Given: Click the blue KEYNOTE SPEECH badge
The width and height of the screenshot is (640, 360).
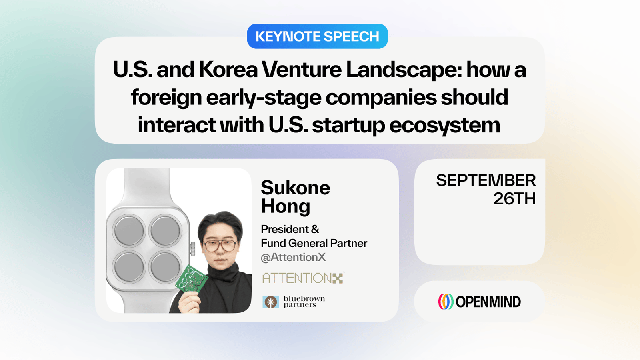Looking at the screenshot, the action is [317, 36].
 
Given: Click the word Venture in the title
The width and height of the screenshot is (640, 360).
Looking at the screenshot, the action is [302, 70].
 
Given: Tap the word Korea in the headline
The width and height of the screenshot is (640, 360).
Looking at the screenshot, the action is [228, 70].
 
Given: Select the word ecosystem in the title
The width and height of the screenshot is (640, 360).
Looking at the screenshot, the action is [444, 125].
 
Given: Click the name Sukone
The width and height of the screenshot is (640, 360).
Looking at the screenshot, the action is [296, 188].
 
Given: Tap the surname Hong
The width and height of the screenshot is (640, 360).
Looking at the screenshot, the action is [286, 206].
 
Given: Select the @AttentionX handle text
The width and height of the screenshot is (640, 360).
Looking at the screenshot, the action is [293, 257].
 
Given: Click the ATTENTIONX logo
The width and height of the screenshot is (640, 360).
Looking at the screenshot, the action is [303, 278].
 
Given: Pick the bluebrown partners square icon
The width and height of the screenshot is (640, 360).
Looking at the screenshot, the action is [270, 302].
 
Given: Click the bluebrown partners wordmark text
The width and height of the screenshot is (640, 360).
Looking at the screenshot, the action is [304, 302].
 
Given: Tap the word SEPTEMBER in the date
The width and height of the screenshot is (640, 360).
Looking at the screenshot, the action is [486, 180].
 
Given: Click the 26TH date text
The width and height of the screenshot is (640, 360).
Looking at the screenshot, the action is [514, 198].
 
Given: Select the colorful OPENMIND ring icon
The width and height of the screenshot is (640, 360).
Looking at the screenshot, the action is [446, 302].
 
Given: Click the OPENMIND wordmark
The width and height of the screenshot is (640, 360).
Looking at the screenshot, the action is [488, 302].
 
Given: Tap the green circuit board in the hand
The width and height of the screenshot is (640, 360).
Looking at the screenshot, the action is [191, 280].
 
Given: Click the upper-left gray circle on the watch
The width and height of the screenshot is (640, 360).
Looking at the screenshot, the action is [129, 230].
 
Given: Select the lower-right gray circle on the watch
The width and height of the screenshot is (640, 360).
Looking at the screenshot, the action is [165, 267].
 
